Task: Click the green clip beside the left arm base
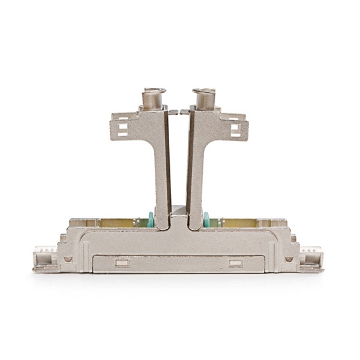151,220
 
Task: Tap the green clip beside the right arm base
206,220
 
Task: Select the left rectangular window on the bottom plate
122,263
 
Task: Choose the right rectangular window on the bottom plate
235,263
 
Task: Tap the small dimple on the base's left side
68,259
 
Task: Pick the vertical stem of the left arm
161,174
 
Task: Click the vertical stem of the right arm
197,174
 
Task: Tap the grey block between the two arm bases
179,211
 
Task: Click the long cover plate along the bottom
178,263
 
